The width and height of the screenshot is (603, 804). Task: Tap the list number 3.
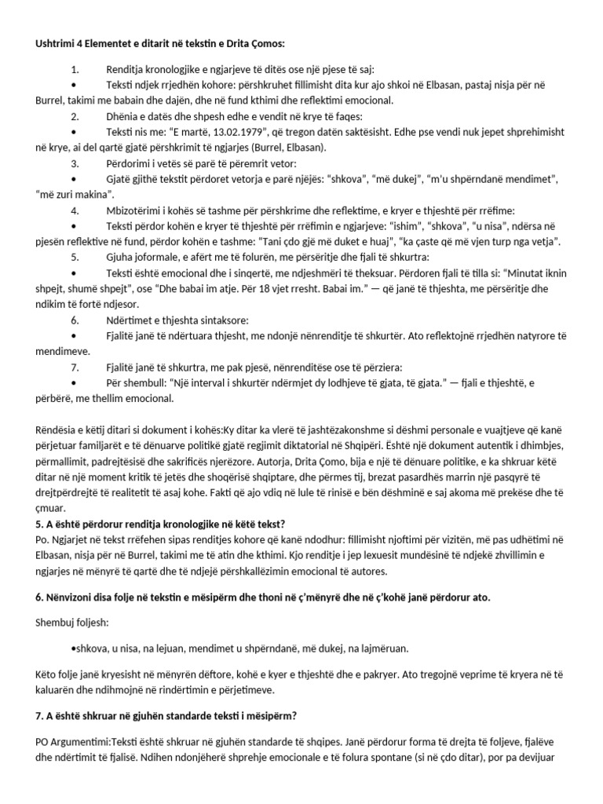click(x=75, y=163)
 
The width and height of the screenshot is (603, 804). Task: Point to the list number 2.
click(x=75, y=116)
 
